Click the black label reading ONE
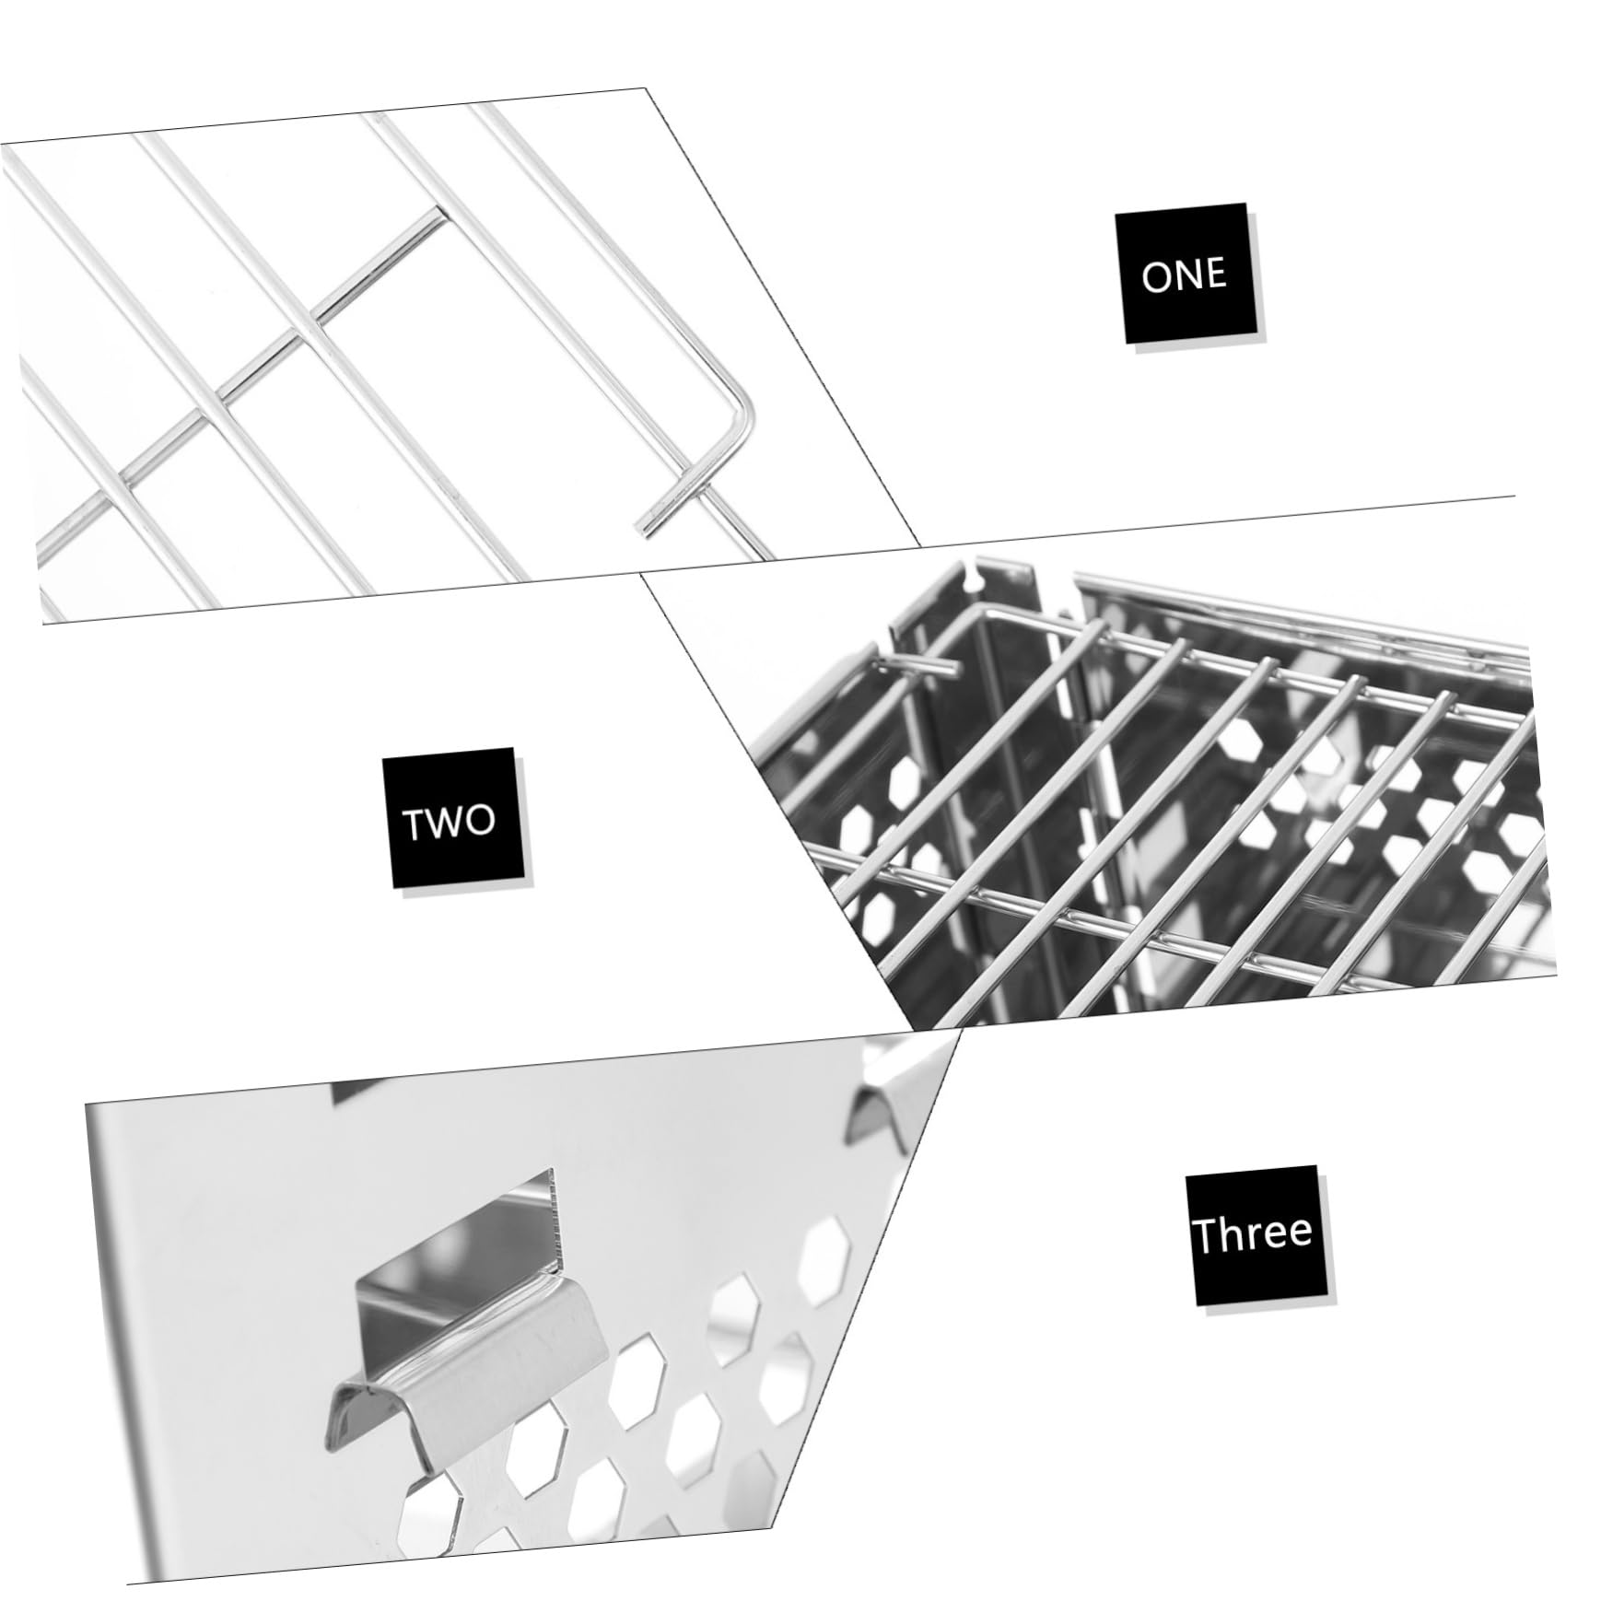[1188, 275]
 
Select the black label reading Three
[1256, 1234]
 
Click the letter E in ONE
[1216, 273]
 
